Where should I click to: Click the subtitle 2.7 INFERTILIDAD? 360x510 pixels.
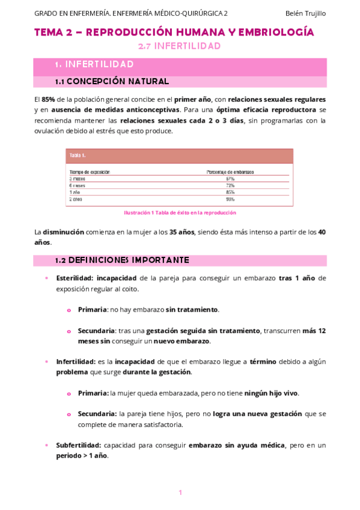(x=179, y=46)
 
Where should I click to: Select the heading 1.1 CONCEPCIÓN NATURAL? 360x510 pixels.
(x=112, y=81)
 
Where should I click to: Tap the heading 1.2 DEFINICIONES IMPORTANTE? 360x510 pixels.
(x=122, y=260)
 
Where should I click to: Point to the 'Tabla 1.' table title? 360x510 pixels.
(x=78, y=155)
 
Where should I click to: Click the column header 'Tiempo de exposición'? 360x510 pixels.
(x=90, y=172)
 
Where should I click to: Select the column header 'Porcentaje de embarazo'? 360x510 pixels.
(x=230, y=172)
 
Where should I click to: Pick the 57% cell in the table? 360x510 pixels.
(x=230, y=179)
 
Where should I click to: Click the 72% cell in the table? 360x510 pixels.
(x=230, y=185)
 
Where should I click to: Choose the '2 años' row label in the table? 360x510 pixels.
(x=76, y=198)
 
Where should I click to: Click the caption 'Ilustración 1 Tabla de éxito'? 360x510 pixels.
(x=180, y=212)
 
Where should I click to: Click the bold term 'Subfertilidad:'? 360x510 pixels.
(x=79, y=446)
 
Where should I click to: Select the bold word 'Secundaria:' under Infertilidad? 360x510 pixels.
(x=97, y=414)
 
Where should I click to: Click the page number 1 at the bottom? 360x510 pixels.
(x=180, y=493)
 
